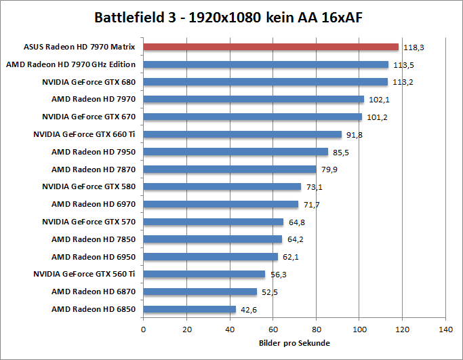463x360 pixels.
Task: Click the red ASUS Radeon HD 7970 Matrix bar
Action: tap(271, 47)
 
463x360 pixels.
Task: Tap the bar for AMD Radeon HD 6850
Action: tap(190, 309)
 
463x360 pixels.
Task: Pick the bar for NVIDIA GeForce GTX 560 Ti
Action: tap(204, 274)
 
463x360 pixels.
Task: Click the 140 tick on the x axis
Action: tap(445, 329)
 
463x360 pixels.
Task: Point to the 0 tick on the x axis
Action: tap(143, 329)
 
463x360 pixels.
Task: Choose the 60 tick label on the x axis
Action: tap(273, 329)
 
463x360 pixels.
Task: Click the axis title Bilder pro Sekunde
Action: tap(294, 343)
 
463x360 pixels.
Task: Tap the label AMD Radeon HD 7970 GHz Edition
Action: tap(71, 64)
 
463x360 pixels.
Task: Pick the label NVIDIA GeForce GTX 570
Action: tap(89, 222)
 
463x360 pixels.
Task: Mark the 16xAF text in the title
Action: tap(337, 16)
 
